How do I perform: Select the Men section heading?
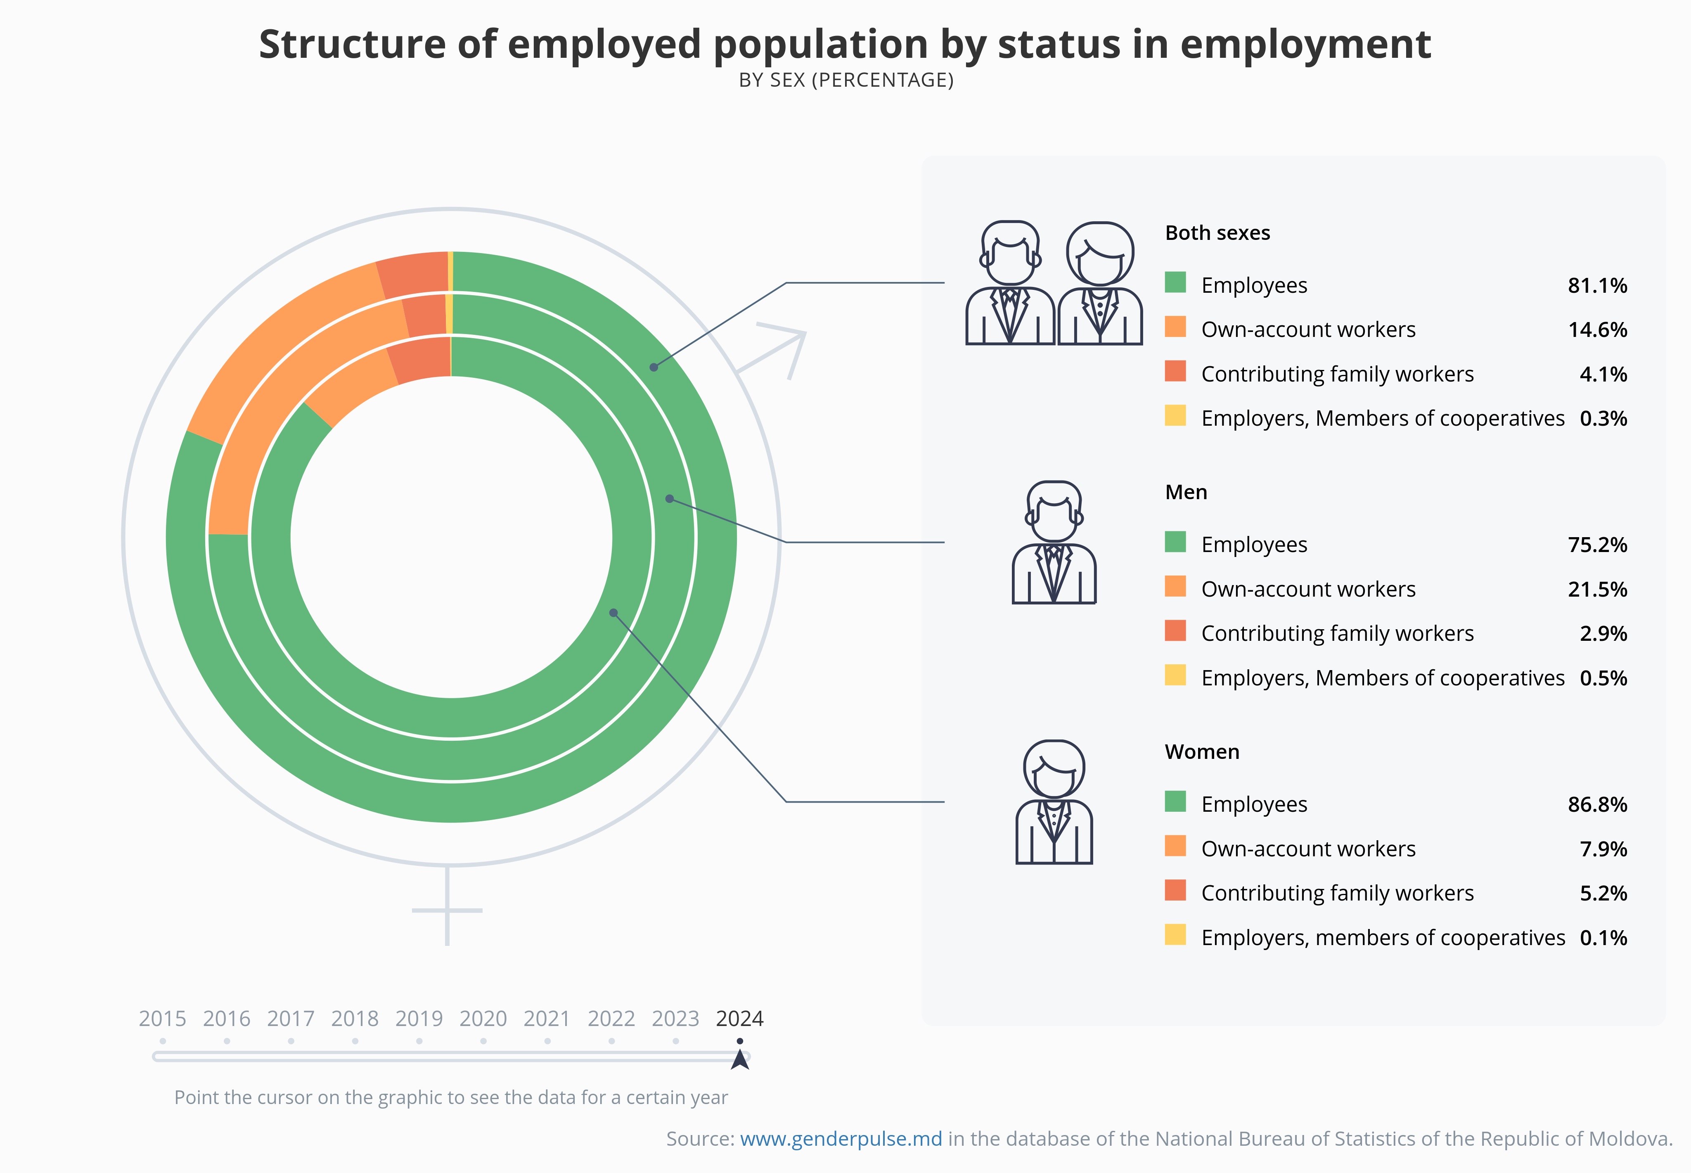[1185, 493]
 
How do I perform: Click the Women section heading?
[1201, 752]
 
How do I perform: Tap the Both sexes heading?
[1217, 233]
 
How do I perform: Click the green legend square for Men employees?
[1175, 543]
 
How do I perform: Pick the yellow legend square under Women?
[1175, 935]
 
